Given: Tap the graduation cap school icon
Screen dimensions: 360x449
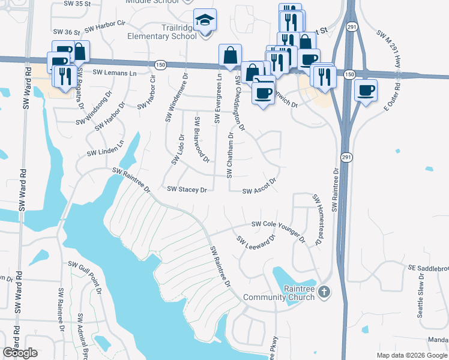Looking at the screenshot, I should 205,21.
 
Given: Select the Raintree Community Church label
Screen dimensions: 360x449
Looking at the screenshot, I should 279,293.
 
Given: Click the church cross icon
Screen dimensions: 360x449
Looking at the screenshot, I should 324,292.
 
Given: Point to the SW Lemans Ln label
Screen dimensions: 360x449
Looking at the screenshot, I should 115,73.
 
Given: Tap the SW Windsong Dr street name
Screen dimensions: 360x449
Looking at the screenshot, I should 94,107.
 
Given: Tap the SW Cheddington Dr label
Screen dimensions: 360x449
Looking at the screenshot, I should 240,103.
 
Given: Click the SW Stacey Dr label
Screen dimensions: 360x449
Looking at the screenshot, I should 187,189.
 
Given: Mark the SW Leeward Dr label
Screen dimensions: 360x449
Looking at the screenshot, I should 255,242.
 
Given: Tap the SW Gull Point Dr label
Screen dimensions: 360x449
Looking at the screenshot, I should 86,275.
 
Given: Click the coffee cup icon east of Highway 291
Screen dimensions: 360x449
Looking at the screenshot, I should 366,91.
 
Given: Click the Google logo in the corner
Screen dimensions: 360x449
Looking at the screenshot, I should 20,353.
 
